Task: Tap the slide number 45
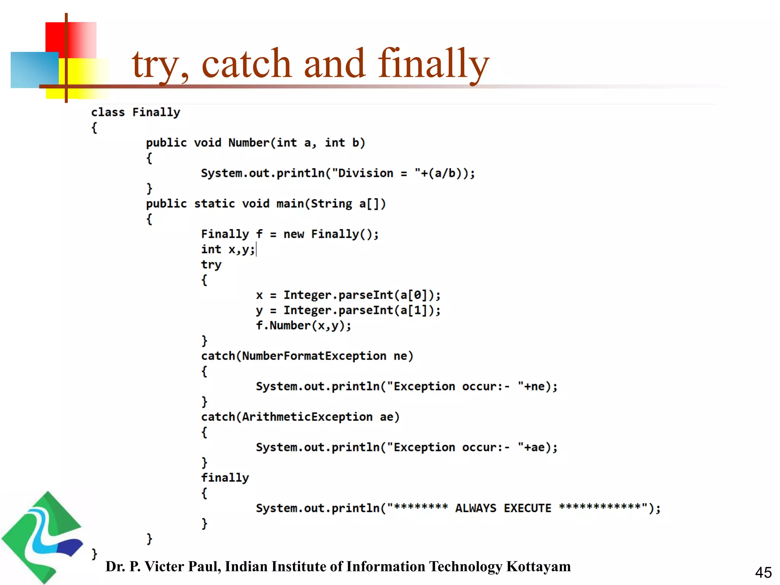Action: click(x=763, y=572)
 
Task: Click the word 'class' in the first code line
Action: click(x=108, y=112)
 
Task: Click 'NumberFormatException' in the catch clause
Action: click(x=314, y=356)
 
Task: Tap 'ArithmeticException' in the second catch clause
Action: click(x=307, y=417)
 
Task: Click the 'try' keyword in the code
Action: click(x=211, y=265)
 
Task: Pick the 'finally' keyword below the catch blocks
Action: click(x=225, y=478)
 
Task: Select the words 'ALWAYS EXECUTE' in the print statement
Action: click(x=503, y=508)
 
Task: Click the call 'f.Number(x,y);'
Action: click(x=303, y=326)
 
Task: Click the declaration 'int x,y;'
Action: click(x=228, y=249)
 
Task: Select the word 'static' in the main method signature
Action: click(x=214, y=204)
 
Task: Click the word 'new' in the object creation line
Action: click(x=293, y=234)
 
